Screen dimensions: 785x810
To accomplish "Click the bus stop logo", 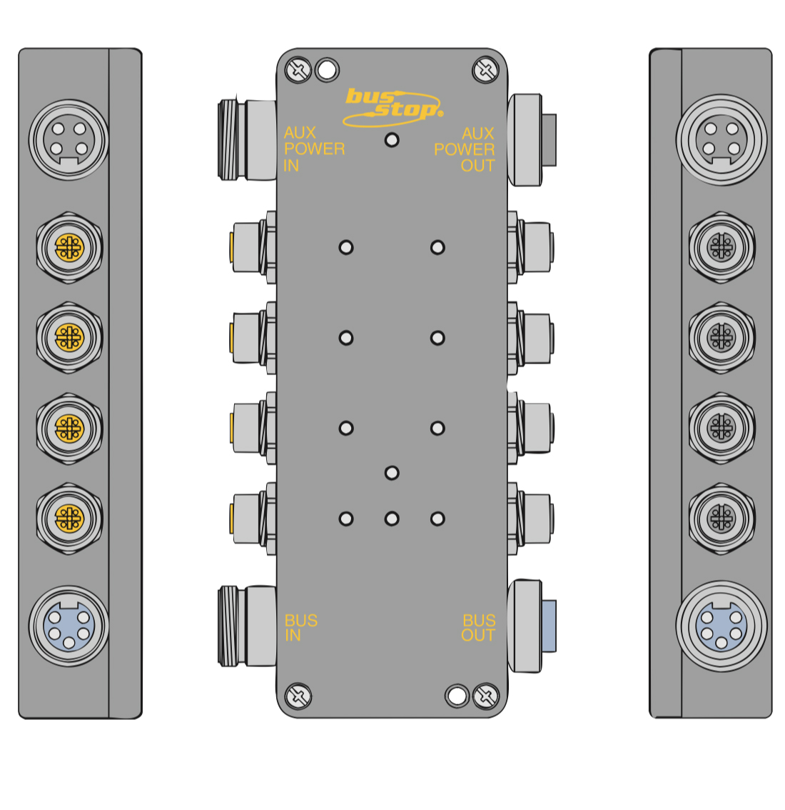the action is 392,107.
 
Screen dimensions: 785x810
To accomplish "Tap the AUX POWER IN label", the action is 314,149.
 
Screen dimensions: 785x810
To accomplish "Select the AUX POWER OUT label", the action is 465,149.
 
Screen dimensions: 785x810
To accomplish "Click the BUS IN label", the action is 301,628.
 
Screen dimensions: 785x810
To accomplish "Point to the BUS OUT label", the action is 478,628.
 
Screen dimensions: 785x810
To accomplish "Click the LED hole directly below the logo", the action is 392,140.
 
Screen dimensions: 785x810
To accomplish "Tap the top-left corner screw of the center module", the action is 298,70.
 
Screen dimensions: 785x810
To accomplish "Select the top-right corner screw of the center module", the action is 485,70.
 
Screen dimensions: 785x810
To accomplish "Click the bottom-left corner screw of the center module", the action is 298,696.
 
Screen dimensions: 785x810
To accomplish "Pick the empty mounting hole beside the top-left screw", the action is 327,70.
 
